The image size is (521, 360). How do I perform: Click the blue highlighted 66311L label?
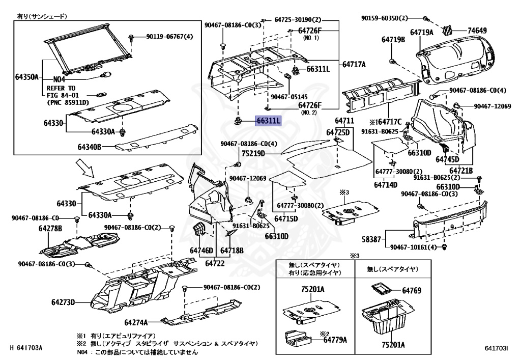pos(268,121)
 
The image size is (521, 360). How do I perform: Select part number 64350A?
pos(26,77)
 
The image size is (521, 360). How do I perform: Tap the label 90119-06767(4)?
pos(169,37)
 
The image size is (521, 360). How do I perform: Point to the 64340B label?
pos(90,147)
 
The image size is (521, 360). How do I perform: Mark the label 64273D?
pos(63,302)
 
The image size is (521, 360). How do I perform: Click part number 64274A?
pos(136,322)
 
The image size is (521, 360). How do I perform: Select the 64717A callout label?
pos(354,64)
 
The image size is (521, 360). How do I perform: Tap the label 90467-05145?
pos(290,96)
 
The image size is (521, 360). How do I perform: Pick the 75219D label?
pos(253,153)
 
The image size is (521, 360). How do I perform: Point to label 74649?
pos(477,31)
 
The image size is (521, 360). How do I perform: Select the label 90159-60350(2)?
pos(385,18)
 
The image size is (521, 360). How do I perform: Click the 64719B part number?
pos(393,39)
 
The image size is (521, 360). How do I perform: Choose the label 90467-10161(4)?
pos(414,247)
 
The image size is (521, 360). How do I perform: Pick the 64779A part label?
pos(335,340)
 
